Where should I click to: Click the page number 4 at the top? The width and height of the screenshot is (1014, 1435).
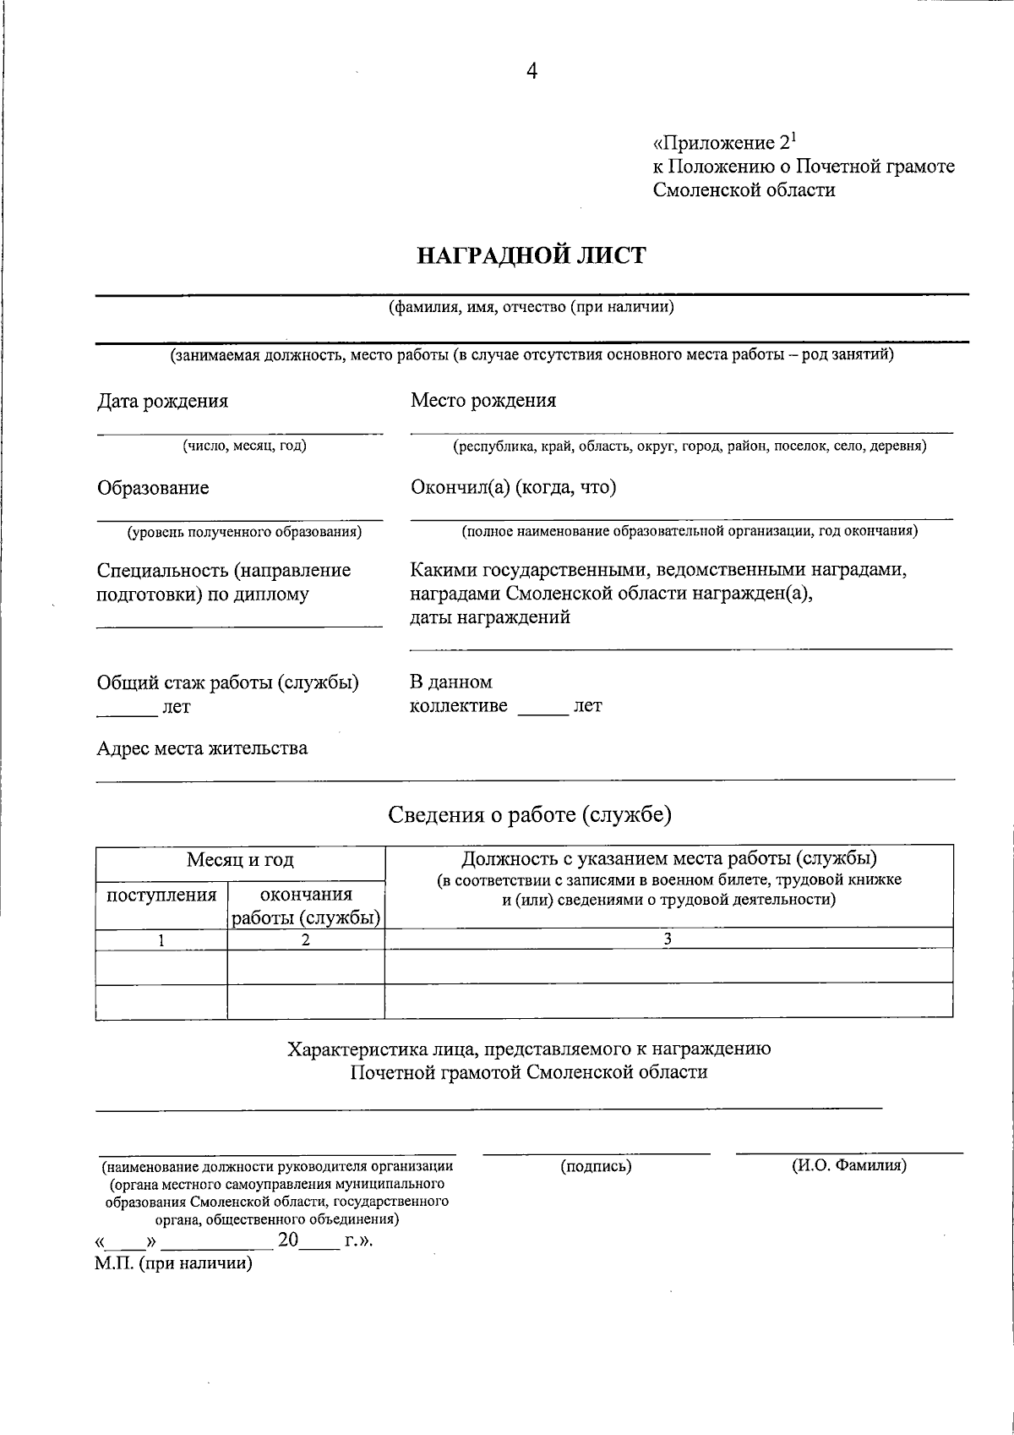[x=532, y=71]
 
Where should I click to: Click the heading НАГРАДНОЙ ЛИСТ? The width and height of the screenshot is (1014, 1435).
[x=532, y=255]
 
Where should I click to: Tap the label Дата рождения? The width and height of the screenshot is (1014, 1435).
[x=162, y=401]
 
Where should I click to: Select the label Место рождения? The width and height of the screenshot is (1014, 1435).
[x=483, y=400]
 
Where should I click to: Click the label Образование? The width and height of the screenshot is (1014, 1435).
[x=153, y=488]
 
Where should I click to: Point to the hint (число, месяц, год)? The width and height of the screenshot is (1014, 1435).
[x=245, y=446]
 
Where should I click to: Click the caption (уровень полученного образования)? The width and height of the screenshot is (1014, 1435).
[x=244, y=532]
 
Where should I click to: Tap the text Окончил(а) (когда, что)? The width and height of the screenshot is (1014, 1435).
[x=513, y=487]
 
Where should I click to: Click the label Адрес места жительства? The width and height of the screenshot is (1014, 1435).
[x=202, y=748]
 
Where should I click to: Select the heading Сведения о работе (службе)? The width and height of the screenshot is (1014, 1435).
[x=530, y=814]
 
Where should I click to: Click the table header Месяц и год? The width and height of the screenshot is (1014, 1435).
[x=240, y=861]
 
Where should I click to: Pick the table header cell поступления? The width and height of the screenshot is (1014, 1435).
[x=161, y=896]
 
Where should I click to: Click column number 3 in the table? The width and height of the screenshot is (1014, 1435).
[x=668, y=939]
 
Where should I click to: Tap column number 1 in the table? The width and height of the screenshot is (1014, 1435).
[x=161, y=939]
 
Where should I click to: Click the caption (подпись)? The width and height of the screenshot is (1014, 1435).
[x=596, y=1167]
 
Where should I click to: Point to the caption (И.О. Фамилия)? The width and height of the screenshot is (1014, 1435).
[x=848, y=1166]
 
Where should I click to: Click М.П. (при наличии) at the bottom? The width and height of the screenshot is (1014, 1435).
[x=174, y=1264]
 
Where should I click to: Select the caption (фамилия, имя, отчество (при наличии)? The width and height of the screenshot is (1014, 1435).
[x=531, y=308]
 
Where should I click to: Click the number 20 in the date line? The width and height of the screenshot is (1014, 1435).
[x=288, y=1241]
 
